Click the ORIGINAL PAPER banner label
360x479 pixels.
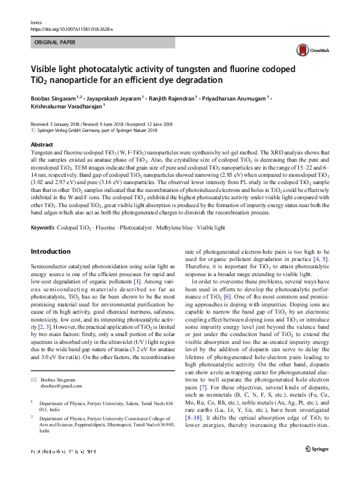pyautogui.click(x=55, y=43)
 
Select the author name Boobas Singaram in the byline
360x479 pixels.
pyautogui.click(x=57, y=96)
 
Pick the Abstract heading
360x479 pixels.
pyautogui.click(x=42, y=145)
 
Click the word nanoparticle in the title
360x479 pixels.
pyautogui.click(x=79, y=80)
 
